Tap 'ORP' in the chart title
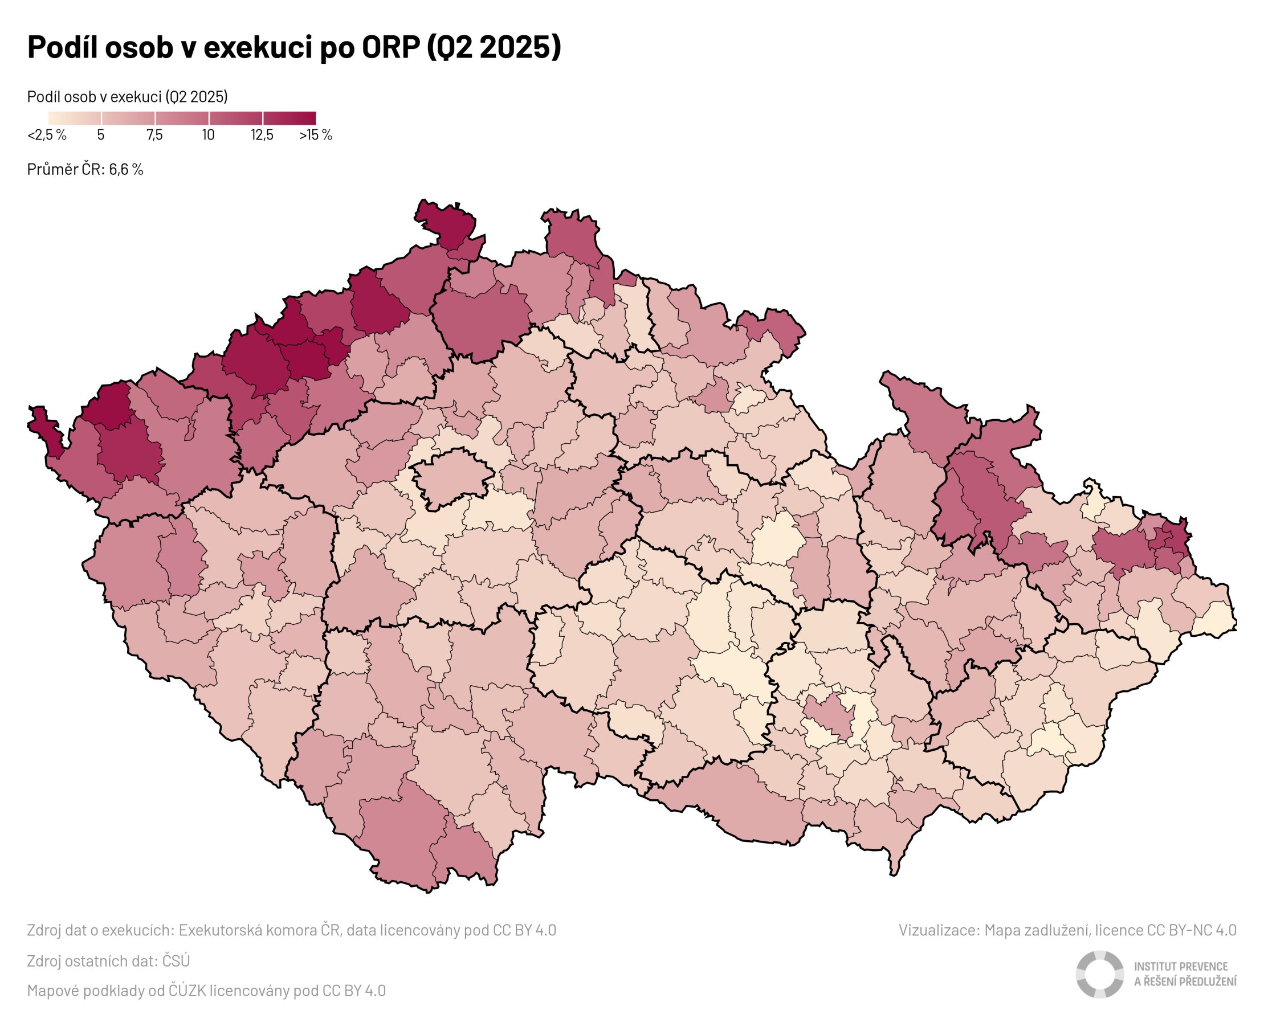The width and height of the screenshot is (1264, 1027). tap(390, 47)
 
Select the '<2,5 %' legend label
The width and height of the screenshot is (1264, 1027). tap(47, 135)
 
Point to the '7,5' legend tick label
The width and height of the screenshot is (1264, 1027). tap(154, 135)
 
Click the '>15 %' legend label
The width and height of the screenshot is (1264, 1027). tap(315, 135)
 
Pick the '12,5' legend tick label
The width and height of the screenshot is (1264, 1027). tap(262, 135)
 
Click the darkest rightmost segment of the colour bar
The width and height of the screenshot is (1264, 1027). tap(290, 118)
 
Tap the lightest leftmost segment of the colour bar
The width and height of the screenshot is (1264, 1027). tap(75, 118)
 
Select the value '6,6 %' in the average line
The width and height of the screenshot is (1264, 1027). tap(126, 170)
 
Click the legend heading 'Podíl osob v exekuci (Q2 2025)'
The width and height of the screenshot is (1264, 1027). tap(127, 96)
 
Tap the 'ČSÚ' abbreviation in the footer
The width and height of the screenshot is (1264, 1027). tap(176, 961)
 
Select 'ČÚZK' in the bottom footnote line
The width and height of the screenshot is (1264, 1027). tap(184, 991)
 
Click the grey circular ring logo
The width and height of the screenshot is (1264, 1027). tap(1099, 975)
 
